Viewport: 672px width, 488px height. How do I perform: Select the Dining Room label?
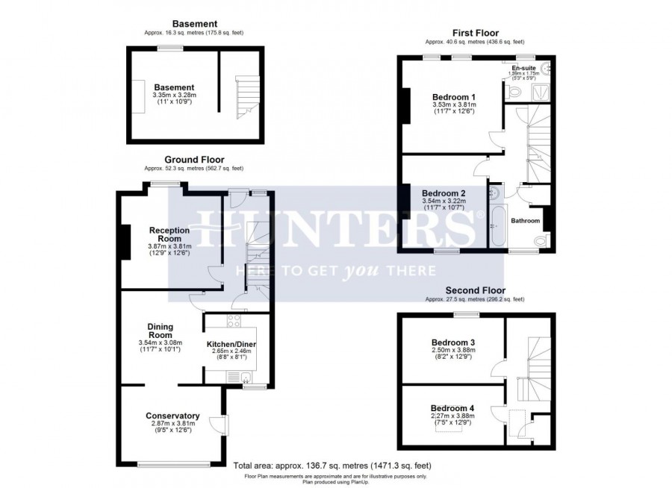click(160, 331)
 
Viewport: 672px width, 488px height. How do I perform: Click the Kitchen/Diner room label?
click(231, 344)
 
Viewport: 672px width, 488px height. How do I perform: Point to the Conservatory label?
click(172, 416)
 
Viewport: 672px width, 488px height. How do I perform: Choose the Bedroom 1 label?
click(454, 97)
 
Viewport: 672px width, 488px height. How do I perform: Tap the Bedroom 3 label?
click(454, 342)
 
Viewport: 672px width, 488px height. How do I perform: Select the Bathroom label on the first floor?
click(525, 221)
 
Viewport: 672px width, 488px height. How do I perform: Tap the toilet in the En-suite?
click(514, 93)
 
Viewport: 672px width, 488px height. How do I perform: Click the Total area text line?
click(332, 465)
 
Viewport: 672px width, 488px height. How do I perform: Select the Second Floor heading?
click(475, 290)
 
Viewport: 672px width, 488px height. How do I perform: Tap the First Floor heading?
click(475, 33)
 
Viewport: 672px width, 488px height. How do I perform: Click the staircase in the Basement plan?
click(243, 96)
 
